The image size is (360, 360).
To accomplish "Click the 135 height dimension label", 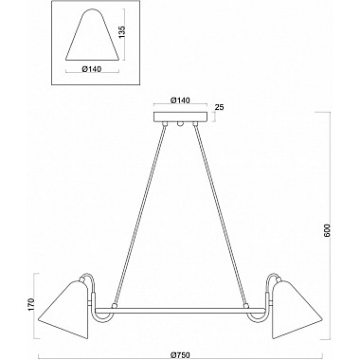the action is coord(122,33).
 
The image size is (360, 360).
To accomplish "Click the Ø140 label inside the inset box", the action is coord(92,69).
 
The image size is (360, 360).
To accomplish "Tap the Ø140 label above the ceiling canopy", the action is coord(180,100).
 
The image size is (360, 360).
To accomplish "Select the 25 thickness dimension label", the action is coord(219,107).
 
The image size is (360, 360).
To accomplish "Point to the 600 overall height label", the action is coord(327,231).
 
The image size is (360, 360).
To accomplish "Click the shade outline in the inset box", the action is coord(93,35).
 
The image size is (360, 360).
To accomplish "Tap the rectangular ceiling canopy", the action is coord(180,117).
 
